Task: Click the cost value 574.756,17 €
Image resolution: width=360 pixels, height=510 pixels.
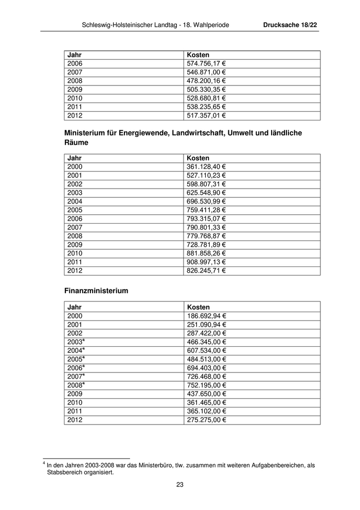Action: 206,63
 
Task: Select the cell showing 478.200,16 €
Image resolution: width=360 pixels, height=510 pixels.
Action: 206,81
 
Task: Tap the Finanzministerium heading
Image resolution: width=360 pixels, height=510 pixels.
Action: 96,291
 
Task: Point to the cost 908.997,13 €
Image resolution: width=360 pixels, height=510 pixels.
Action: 206,262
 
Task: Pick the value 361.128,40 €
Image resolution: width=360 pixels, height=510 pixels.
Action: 206,167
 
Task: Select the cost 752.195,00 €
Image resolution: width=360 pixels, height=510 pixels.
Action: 206,385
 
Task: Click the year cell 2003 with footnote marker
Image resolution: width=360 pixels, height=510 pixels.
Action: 76,342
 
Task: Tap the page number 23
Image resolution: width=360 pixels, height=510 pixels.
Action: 180,484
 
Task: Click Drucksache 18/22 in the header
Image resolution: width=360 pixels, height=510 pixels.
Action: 290,25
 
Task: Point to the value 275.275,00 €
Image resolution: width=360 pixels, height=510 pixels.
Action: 206,420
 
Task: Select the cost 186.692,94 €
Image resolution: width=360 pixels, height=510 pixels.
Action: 206,316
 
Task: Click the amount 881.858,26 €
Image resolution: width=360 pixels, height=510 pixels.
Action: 206,253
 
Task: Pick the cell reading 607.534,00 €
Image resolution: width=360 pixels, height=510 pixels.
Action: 206,350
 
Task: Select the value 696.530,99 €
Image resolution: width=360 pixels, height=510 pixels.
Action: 206,201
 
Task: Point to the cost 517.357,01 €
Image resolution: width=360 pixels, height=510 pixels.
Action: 206,115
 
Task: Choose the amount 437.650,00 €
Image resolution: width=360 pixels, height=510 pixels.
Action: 206,394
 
